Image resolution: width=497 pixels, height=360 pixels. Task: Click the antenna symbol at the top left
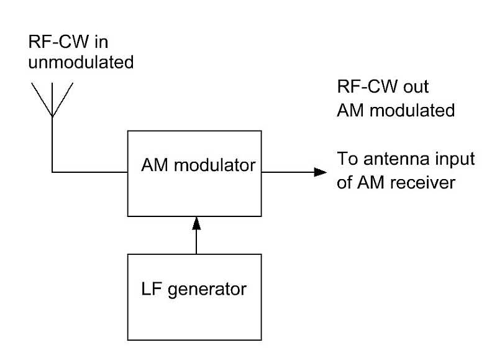click(52, 99)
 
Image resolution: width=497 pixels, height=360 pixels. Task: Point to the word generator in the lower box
click(209, 289)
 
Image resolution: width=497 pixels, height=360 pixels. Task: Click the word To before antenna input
click(345, 159)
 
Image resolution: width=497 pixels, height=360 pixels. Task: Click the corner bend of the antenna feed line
click(53, 172)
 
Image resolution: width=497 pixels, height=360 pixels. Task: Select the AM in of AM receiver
click(370, 185)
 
